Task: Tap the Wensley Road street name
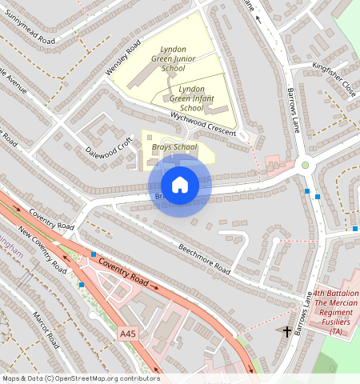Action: pos(122,57)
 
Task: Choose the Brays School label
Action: pos(174,147)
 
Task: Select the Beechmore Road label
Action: pos(205,258)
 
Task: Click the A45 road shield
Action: pos(128,333)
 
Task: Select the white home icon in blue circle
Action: pos(181,185)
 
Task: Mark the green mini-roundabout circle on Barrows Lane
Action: pos(305,166)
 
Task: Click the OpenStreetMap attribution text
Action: pos(80,378)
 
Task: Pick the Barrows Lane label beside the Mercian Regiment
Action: pos(302,314)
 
